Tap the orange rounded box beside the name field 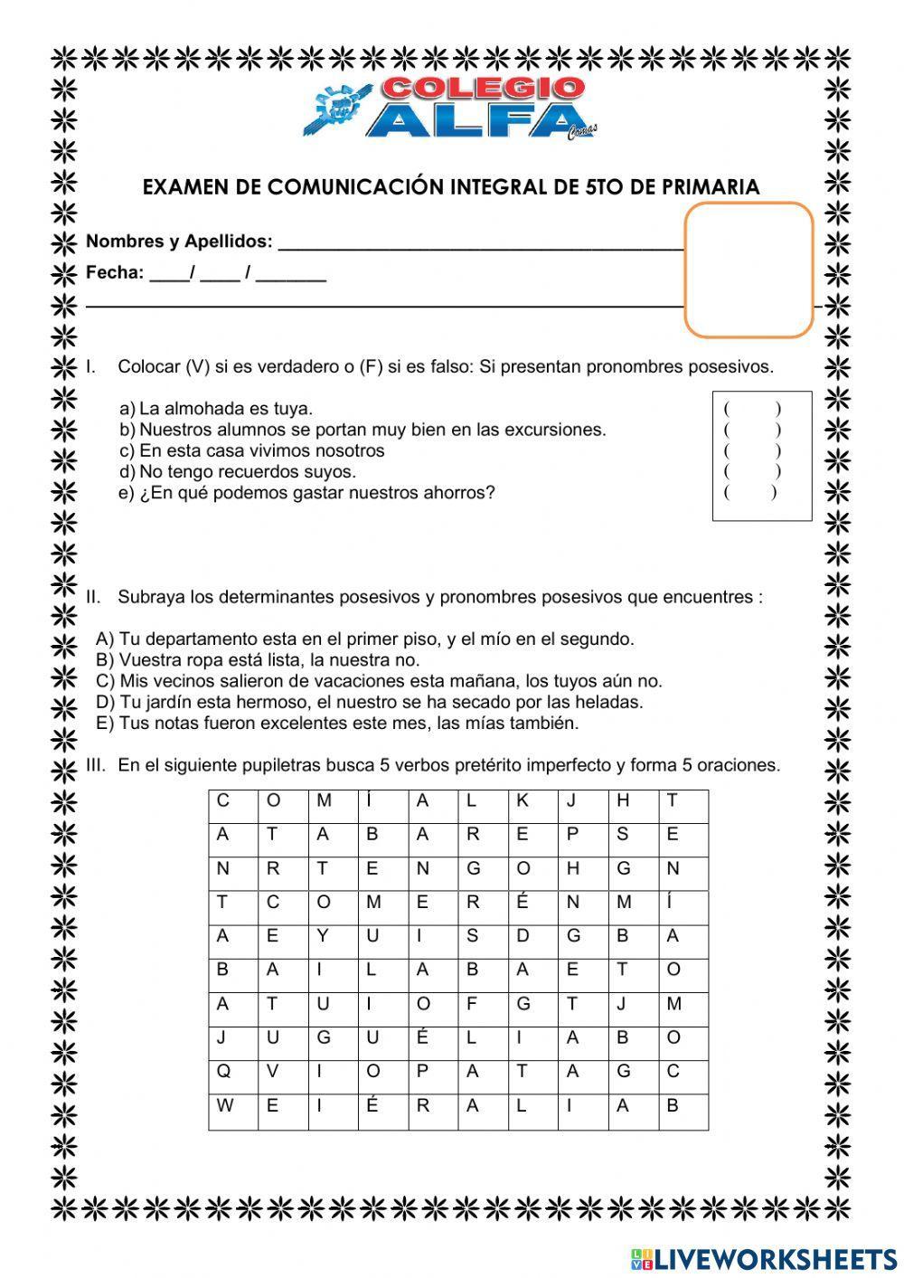tap(749, 270)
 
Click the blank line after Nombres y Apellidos tap(480, 241)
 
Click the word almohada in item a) tap(200, 409)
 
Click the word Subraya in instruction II tap(148, 597)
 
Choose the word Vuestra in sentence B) tap(148, 660)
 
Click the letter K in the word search tap(523, 800)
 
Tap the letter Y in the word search tap(323, 936)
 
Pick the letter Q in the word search tap(223, 1072)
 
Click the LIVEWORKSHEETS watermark tap(763, 1259)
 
